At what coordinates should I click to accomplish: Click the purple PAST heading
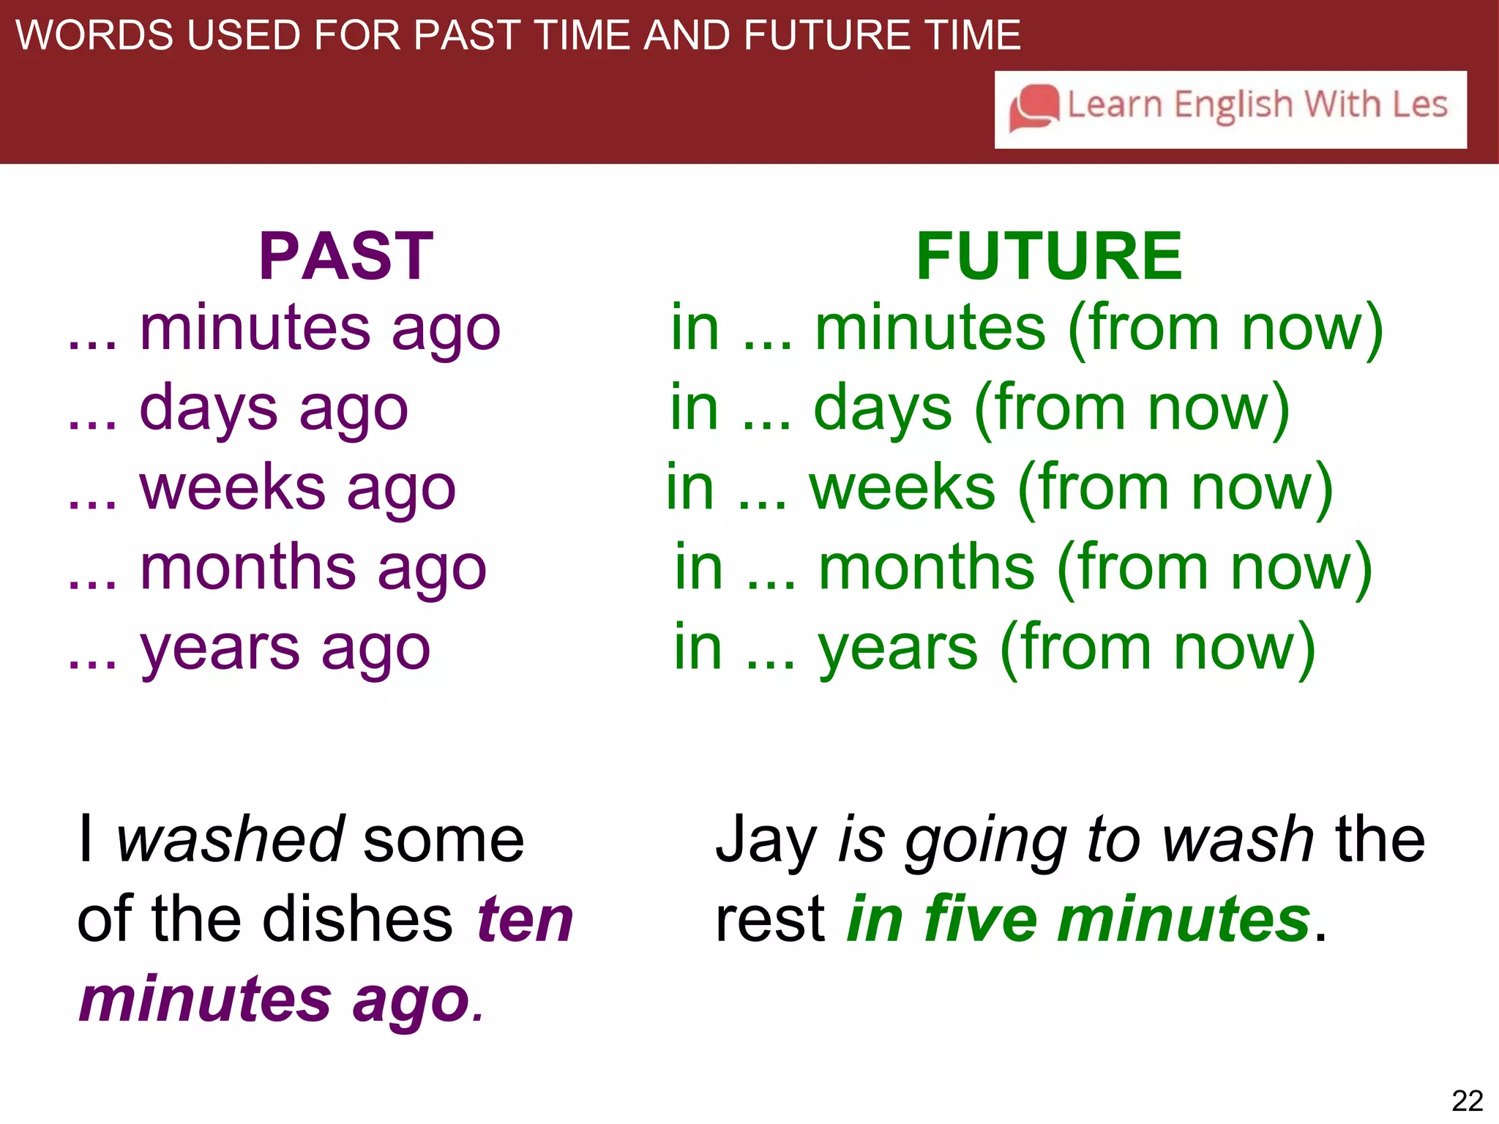[346, 257]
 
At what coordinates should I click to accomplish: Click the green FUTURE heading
[1048, 257]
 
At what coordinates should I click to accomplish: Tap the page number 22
[1467, 1101]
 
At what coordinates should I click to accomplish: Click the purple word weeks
[232, 488]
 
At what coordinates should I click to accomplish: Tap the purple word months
[247, 568]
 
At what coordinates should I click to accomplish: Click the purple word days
[209, 408]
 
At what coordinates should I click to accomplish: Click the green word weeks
[902, 488]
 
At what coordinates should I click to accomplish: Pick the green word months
[926, 568]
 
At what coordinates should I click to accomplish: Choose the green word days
[883, 408]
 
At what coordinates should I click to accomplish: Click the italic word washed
[230, 839]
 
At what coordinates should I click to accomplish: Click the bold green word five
[981, 919]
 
